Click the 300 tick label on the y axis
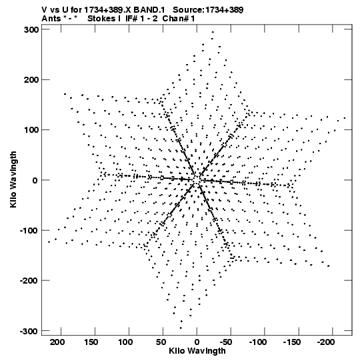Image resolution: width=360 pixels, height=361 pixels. (x=31, y=30)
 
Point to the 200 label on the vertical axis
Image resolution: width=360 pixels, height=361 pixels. (x=31, y=79)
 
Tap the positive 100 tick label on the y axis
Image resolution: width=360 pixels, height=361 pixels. (x=31, y=130)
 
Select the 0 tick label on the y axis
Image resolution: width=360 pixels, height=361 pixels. (x=35, y=180)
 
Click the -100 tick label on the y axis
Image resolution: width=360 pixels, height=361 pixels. (x=29, y=230)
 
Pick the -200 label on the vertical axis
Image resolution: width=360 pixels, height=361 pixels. (x=29, y=281)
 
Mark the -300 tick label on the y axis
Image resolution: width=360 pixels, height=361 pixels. (x=29, y=331)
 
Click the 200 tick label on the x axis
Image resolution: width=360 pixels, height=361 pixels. (x=57, y=342)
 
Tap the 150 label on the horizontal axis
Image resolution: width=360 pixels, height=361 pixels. (x=91, y=342)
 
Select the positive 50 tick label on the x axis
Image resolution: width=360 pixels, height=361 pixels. (x=161, y=342)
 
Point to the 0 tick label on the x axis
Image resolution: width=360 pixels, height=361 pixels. (x=197, y=342)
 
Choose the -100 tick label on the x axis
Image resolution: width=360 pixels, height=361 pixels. (x=258, y=342)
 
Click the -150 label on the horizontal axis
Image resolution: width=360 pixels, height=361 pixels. (x=292, y=342)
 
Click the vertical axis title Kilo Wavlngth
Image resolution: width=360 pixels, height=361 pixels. (x=13, y=179)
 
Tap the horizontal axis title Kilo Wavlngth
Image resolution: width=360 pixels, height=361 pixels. (x=197, y=351)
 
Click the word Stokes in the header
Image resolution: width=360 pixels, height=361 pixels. (x=101, y=19)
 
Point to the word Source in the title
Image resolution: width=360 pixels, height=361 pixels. (x=187, y=10)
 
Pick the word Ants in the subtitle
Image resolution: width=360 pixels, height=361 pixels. (x=51, y=19)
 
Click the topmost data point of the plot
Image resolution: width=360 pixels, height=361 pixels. (x=213, y=32)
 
